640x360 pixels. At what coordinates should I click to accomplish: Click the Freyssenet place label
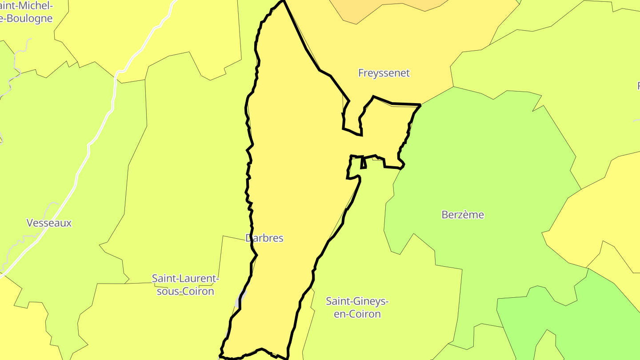384,73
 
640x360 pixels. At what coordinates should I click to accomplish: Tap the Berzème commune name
463,215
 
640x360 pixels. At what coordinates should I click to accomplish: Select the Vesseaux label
49,223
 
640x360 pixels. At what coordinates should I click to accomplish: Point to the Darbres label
264,238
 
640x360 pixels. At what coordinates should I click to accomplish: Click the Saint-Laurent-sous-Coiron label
185,285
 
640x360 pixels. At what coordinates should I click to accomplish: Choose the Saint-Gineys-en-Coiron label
357,308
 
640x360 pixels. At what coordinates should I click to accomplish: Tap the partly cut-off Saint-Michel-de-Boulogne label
27,12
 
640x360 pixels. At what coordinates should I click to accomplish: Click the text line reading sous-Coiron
185,292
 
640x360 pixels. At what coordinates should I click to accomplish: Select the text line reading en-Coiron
357,314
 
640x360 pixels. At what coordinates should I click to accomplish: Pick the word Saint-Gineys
357,301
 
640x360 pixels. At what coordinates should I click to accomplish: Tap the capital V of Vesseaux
30,223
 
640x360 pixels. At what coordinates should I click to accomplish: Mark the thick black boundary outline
306,49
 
